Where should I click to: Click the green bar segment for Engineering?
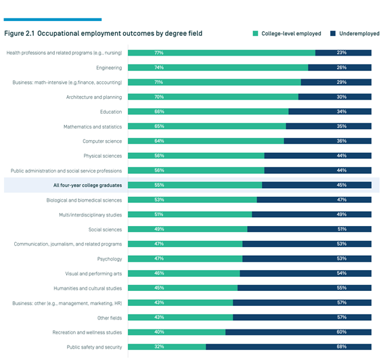[x=218, y=68]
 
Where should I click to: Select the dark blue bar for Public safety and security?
[x=288, y=347]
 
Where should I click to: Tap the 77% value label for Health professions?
[x=159, y=53]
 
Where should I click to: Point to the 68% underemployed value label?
[x=342, y=347]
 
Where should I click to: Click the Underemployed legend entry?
[x=355, y=33]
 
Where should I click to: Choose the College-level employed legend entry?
[x=287, y=33]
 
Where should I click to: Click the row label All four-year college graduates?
[x=87, y=185]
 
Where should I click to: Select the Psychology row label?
[x=110, y=259]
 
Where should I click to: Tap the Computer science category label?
[x=102, y=141]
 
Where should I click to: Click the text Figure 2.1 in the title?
[x=20, y=33]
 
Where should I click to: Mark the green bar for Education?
[x=208, y=112]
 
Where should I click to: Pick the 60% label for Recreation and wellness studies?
[x=342, y=332]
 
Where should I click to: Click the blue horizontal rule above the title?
[x=53, y=20]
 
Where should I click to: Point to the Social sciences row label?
[x=105, y=229]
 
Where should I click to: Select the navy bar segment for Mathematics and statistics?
[x=329, y=127]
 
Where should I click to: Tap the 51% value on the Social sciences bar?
[x=342, y=229]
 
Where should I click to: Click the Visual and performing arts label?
[x=93, y=273]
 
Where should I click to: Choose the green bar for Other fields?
[x=180, y=317]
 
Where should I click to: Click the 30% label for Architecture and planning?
[x=342, y=97]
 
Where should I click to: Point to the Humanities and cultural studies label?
[x=88, y=288]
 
